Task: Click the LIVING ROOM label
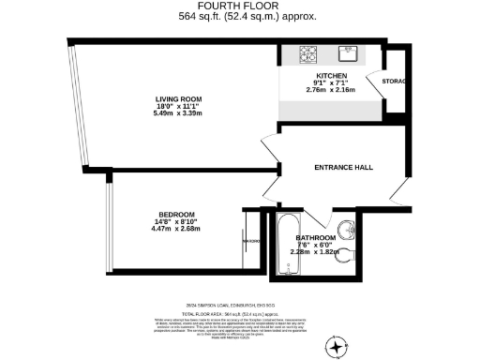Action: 179,98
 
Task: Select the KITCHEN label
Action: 332,75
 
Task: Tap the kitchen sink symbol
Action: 352,53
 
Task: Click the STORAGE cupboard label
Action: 394,82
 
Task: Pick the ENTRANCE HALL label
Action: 342,168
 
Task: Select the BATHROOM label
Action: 316,237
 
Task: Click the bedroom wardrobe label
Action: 250,241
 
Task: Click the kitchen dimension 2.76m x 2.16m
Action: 332,90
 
